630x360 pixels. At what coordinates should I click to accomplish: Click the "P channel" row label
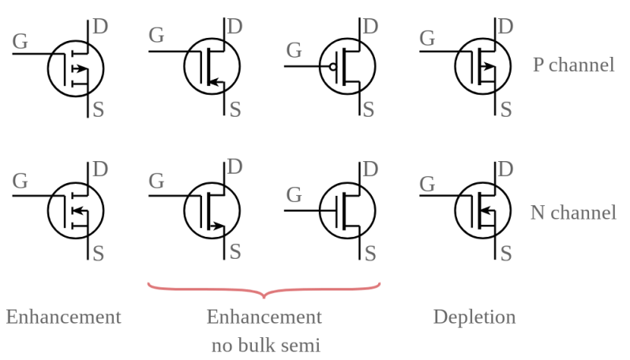pyautogui.click(x=573, y=65)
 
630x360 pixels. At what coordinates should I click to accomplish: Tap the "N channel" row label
pyautogui.click(x=573, y=212)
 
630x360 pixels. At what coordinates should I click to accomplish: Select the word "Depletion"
pyautogui.click(x=474, y=317)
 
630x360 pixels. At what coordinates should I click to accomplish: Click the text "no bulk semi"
pyautogui.click(x=264, y=345)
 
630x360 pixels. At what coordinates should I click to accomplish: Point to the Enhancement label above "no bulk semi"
pyautogui.click(x=264, y=317)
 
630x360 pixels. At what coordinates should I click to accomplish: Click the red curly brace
pyautogui.click(x=264, y=291)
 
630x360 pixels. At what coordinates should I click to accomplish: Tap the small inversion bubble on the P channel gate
pyautogui.click(x=333, y=66)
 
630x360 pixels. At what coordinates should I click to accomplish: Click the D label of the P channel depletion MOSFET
pyautogui.click(x=505, y=26)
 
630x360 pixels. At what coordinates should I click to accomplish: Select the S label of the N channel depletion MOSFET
pyautogui.click(x=505, y=253)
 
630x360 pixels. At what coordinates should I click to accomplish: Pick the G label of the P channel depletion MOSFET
pyautogui.click(x=427, y=37)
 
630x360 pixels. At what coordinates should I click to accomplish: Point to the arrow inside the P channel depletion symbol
pyautogui.click(x=489, y=67)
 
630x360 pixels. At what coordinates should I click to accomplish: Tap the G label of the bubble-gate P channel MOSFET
pyautogui.click(x=294, y=51)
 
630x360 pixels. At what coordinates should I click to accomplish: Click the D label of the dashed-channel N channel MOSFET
pyautogui.click(x=100, y=169)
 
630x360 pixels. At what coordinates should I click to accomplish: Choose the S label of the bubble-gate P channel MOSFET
pyautogui.click(x=369, y=109)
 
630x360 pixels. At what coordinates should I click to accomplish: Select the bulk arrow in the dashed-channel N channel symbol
pyautogui.click(x=77, y=211)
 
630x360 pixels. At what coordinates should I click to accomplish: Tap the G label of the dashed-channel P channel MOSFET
pyautogui.click(x=20, y=39)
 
